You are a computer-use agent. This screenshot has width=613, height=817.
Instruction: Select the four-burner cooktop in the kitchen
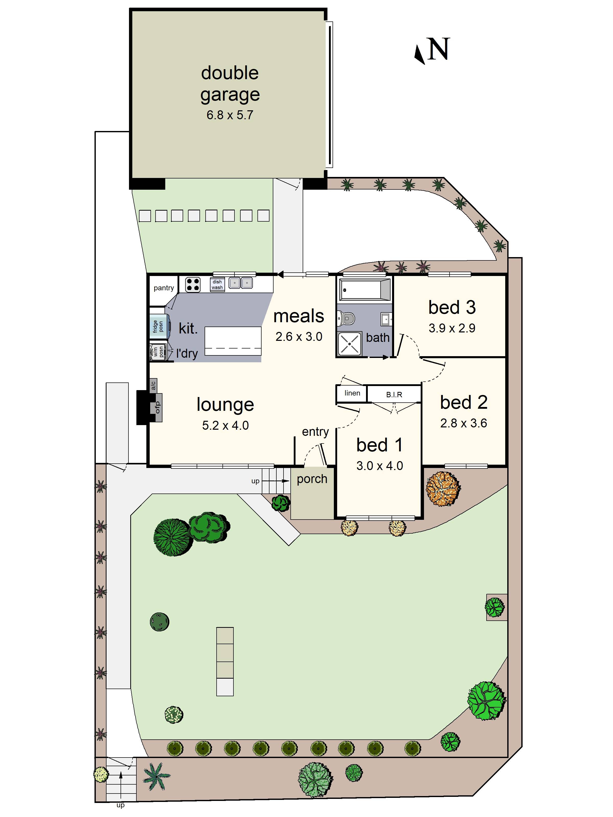tap(193, 285)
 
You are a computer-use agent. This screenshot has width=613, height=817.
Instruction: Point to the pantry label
tap(164, 288)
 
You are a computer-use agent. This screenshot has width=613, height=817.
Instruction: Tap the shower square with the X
tap(349, 343)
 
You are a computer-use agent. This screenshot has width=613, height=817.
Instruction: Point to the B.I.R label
tap(394, 395)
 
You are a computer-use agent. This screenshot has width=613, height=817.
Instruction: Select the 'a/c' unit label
tap(153, 386)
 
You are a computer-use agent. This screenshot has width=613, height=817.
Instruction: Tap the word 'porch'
tap(312, 479)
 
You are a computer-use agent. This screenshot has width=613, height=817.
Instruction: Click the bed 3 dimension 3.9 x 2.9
tap(452, 328)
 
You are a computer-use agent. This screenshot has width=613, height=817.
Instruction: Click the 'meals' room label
tap(299, 316)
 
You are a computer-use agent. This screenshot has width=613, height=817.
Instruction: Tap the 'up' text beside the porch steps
tap(255, 481)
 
